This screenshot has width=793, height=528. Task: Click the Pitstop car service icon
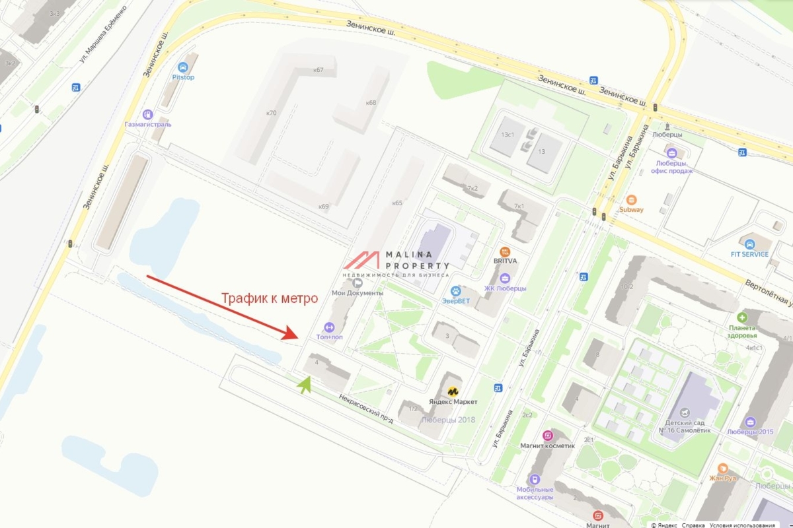tap(183, 67)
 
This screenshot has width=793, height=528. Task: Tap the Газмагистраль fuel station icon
tap(147, 114)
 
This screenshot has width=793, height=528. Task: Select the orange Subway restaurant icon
tap(632, 199)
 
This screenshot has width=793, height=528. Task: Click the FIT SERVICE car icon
tap(748, 244)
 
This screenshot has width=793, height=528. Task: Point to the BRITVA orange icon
tap(505, 251)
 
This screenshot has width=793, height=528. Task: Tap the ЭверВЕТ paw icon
tap(455, 291)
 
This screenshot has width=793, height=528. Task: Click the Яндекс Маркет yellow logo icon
tap(453, 391)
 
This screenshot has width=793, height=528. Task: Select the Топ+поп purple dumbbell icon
tap(329, 327)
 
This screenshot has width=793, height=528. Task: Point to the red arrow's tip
tap(298, 337)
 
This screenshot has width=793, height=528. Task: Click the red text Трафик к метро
tap(270, 298)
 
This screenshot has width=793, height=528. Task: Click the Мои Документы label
tap(357, 292)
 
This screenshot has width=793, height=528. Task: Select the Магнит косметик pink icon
tap(547, 436)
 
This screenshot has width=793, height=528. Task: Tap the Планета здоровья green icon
tap(741, 317)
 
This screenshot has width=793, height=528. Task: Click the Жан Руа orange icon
tap(722, 468)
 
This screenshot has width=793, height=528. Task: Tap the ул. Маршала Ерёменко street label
tap(104, 40)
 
